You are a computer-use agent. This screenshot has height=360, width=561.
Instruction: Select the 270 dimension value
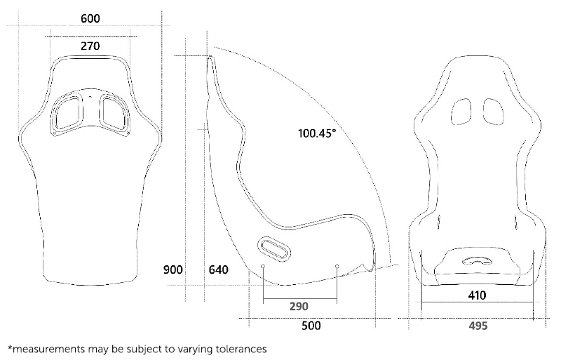pos(89,46)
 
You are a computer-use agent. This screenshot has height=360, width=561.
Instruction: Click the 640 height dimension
pos(219,269)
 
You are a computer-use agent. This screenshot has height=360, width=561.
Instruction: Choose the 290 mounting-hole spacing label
pos(299,307)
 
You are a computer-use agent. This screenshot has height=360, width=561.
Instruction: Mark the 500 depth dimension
pos(311,326)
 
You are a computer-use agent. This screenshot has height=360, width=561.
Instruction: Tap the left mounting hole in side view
pos(263,267)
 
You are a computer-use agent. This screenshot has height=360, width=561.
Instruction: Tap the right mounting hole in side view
pos(337,267)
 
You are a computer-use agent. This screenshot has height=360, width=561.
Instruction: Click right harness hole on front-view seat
pos(493,111)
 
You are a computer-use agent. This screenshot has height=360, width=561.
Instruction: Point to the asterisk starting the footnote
pos(10,347)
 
